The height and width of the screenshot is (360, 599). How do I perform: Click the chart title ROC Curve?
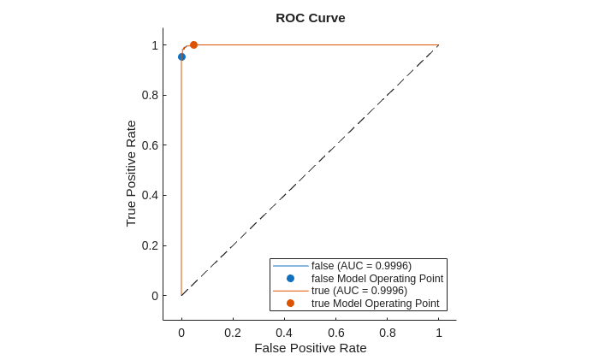[310, 18]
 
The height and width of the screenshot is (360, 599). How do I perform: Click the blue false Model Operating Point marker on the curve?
[181, 57]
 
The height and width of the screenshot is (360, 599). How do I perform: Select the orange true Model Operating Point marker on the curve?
[193, 44]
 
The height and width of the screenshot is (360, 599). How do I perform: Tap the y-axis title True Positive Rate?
[131, 173]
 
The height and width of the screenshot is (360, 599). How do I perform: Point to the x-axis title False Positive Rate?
[310, 348]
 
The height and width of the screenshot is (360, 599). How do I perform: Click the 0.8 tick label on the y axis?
[150, 95]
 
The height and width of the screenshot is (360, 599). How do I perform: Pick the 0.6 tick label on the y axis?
[150, 145]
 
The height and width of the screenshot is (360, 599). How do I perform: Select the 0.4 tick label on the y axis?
[150, 195]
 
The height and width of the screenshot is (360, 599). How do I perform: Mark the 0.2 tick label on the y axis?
[150, 245]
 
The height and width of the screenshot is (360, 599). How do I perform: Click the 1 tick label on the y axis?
[155, 45]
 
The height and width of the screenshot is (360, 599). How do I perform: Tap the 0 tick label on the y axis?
[155, 296]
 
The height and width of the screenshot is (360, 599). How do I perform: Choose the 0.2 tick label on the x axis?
[233, 333]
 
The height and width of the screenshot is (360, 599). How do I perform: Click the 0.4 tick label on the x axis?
[284, 333]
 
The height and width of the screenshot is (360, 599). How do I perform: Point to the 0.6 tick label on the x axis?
[336, 333]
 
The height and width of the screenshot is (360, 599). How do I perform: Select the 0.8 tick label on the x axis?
[388, 333]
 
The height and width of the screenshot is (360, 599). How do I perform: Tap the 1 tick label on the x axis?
[439, 333]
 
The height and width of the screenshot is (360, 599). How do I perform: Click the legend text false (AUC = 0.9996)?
[361, 266]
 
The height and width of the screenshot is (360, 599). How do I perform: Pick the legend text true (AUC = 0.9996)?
[359, 291]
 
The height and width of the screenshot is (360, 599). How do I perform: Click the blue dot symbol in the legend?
[290, 278]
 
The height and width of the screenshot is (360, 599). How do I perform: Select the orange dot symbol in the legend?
[290, 303]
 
